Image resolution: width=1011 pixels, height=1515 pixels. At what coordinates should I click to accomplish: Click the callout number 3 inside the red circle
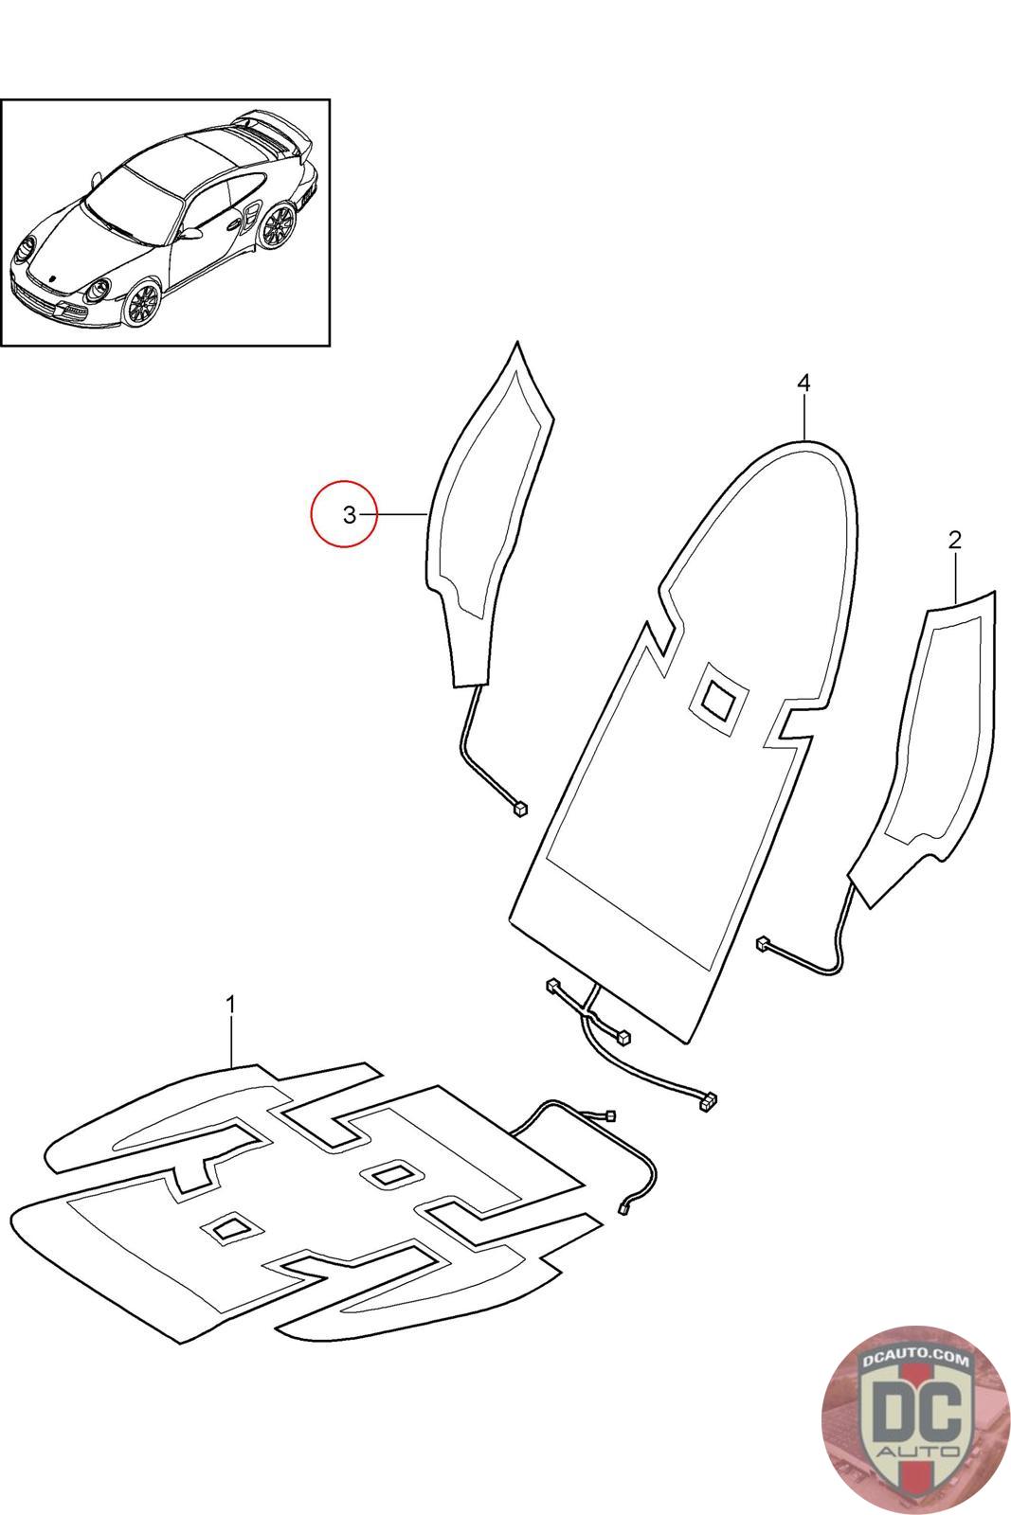pos(350,514)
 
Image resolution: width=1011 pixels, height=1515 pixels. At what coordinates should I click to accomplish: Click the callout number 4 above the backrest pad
pos(803,383)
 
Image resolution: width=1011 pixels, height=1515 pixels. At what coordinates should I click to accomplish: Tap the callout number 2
pos(954,540)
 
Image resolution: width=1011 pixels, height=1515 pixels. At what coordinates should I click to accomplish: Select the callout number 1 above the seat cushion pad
pos(230,1003)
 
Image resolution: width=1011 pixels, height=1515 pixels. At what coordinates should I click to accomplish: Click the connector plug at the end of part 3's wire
pos(519,808)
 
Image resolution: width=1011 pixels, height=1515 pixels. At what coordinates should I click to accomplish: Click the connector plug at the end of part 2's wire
pos(762,943)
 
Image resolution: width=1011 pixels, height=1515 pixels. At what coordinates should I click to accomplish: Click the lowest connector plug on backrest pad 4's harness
pos(708,1100)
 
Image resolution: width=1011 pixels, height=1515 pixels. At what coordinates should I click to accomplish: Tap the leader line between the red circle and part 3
pos(403,514)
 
